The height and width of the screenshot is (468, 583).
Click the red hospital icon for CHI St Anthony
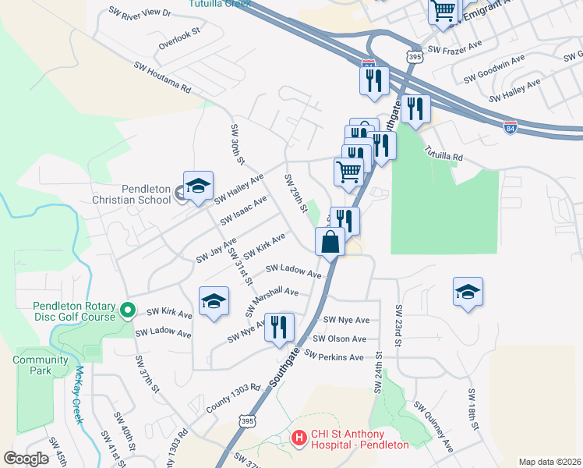(x=298, y=439)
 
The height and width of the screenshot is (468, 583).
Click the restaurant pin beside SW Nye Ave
(x=278, y=328)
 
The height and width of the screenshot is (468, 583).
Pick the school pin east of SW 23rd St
(x=467, y=293)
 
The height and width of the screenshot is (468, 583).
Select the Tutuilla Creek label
(x=220, y=4)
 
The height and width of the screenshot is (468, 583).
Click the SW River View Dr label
(x=140, y=12)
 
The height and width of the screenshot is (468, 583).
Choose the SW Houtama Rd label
(x=162, y=78)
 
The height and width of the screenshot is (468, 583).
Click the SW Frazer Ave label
(x=457, y=50)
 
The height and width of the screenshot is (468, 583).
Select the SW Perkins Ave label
(x=334, y=356)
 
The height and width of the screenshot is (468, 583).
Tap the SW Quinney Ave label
(x=433, y=427)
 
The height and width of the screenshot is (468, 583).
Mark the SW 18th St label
(x=472, y=409)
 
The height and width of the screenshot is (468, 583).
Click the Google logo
(x=26, y=459)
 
